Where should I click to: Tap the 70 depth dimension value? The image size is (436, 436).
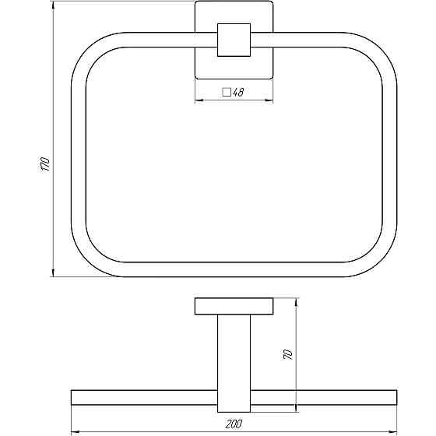(x=288, y=354)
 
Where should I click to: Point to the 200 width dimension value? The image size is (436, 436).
(x=234, y=424)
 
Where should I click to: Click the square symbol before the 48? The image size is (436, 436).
(x=227, y=92)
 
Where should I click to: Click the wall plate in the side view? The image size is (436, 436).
(x=234, y=306)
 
